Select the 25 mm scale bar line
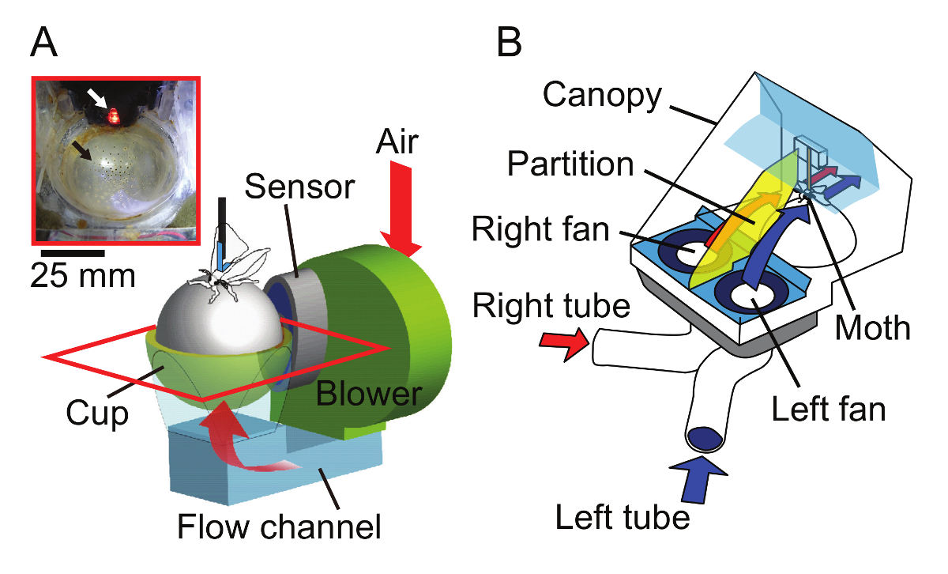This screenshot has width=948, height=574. (x=68, y=254)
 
